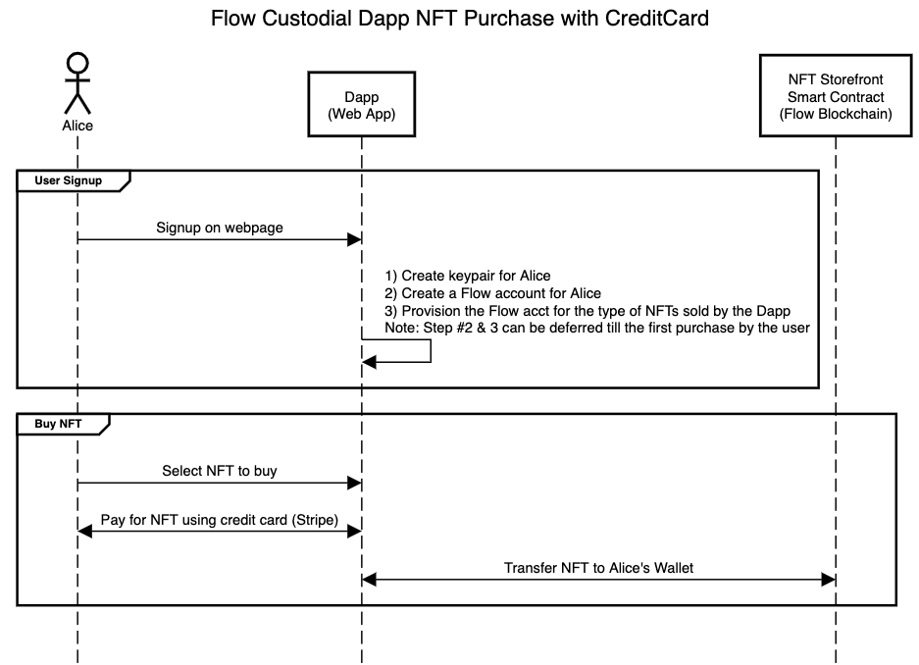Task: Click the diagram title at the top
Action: [x=460, y=19]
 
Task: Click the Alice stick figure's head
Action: [x=77, y=63]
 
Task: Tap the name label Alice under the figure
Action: [x=77, y=126]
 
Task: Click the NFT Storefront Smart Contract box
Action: [x=836, y=97]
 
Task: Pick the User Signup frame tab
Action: [x=68, y=180]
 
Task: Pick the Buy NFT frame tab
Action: [x=58, y=424]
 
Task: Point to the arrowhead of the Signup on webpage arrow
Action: [x=355, y=240]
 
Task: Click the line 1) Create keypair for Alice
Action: [x=475, y=276]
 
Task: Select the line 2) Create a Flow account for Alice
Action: [x=492, y=293]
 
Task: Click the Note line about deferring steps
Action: [x=596, y=329]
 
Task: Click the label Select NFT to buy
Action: [x=220, y=471]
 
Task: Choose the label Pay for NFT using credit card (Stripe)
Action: [x=220, y=519]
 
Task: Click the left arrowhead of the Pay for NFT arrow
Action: [x=85, y=531]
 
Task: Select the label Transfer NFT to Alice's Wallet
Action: [x=598, y=567]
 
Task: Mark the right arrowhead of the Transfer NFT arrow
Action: [x=828, y=580]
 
